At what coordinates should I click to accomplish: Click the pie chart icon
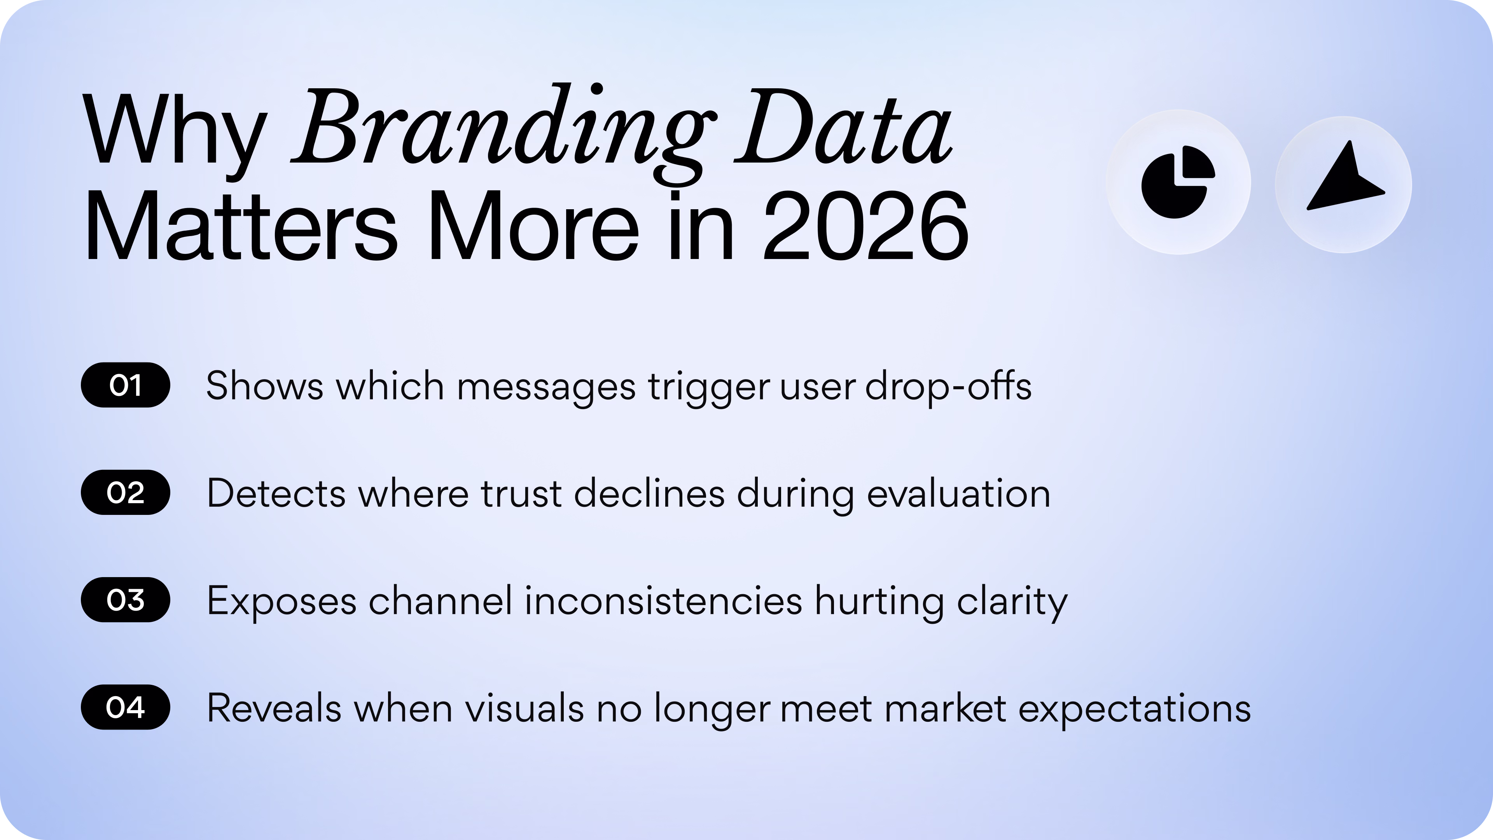[x=1178, y=182]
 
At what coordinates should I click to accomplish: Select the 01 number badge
[x=125, y=385]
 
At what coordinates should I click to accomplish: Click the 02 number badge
[x=125, y=492]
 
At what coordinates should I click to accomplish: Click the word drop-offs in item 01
[x=948, y=385]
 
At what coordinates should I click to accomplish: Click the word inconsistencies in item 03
[x=663, y=600]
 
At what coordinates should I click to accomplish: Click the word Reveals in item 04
[x=274, y=708]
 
